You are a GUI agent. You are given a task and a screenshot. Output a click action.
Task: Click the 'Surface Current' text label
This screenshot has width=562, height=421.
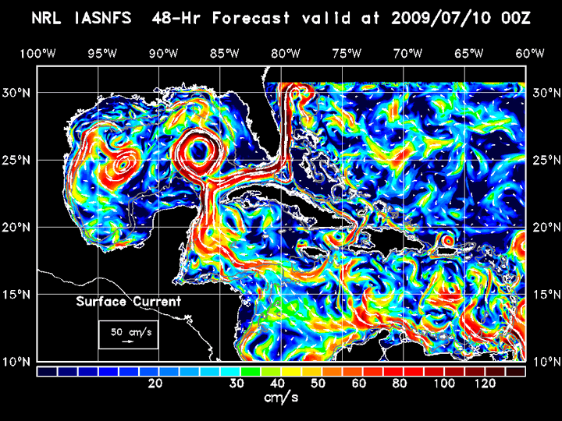128,302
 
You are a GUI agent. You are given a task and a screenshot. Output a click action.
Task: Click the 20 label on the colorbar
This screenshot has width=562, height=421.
155,384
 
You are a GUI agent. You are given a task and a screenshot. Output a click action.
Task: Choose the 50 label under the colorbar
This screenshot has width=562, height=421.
318,384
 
